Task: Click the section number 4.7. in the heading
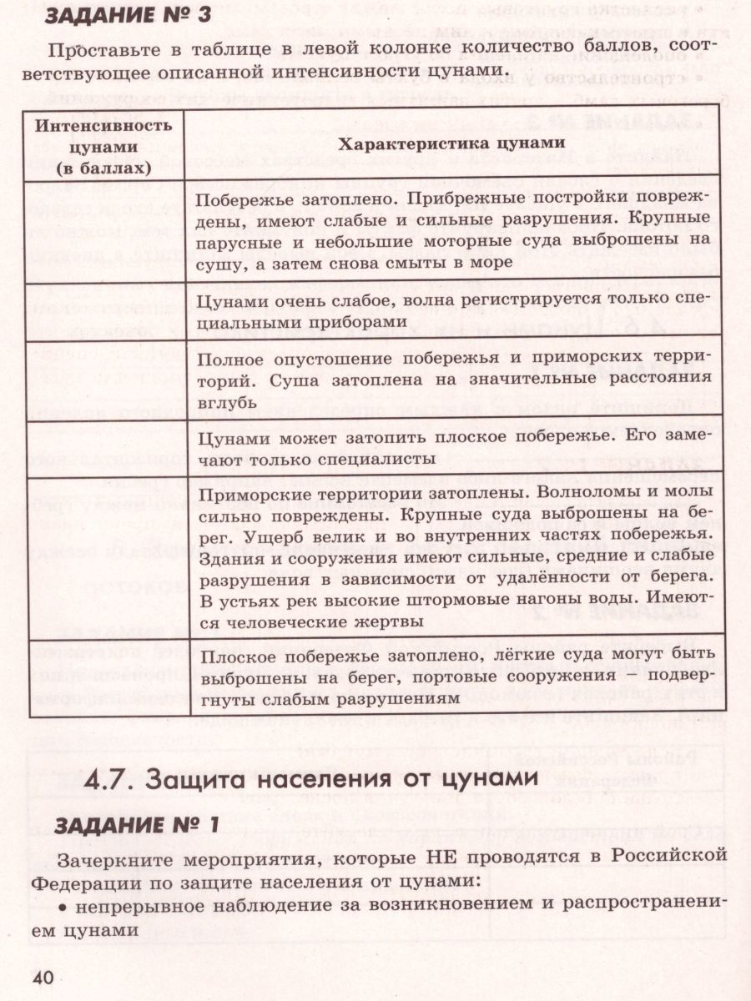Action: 113,780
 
